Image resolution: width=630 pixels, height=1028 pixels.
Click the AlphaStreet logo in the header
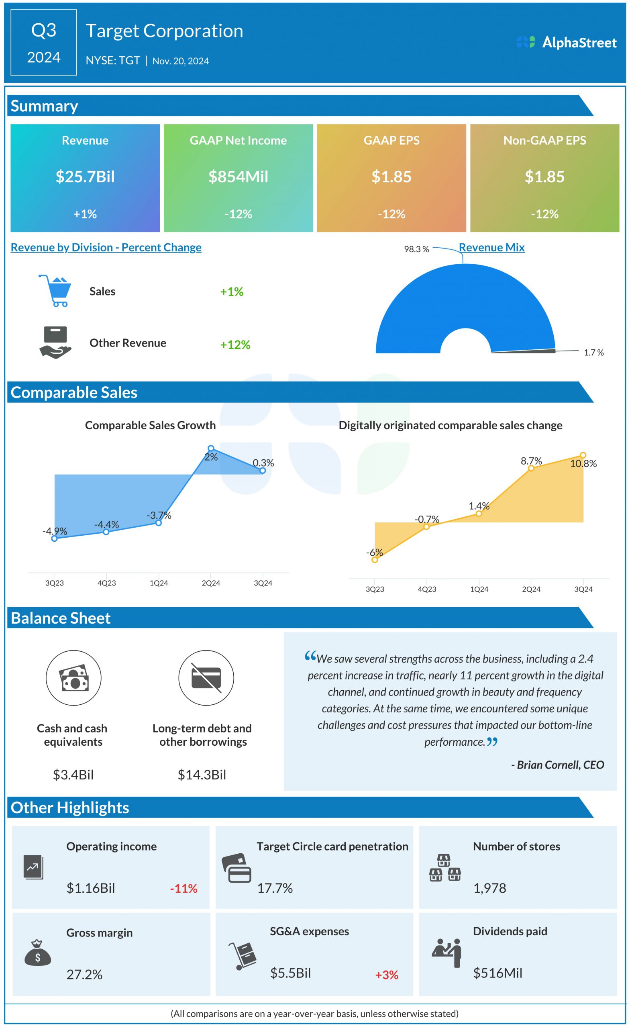pyautogui.click(x=566, y=42)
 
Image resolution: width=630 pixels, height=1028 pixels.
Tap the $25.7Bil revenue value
pyautogui.click(x=85, y=176)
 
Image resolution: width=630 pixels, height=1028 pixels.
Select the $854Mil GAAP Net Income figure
pyautogui.click(x=238, y=176)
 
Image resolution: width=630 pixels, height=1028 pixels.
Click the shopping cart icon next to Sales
pyautogui.click(x=55, y=290)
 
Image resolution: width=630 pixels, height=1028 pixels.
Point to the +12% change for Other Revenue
pyautogui.click(x=235, y=345)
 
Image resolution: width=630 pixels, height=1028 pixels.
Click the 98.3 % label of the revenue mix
pyautogui.click(x=416, y=249)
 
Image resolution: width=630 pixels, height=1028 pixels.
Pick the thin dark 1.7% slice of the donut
pyautogui.click(x=524, y=351)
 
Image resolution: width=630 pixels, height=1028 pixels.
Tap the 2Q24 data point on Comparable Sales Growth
pyautogui.click(x=211, y=448)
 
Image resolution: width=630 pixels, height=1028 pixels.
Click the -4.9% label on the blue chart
pyautogui.click(x=55, y=531)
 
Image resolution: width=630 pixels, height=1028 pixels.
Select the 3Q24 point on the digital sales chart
pyautogui.click(x=583, y=455)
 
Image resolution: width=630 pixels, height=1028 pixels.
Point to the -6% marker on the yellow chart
pyautogui.click(x=375, y=559)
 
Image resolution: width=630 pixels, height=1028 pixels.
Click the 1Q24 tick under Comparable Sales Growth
pyautogui.click(x=159, y=583)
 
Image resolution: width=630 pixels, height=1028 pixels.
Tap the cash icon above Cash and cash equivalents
pyautogui.click(x=73, y=677)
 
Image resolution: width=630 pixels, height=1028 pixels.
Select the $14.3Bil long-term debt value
pyautogui.click(x=202, y=775)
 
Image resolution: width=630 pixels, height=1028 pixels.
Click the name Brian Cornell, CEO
pyautogui.click(x=557, y=765)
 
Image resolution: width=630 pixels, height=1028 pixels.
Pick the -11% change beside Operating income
pyautogui.click(x=183, y=889)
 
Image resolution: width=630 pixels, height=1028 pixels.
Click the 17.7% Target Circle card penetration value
pyautogui.click(x=275, y=888)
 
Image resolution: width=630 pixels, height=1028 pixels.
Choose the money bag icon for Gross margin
pyautogui.click(x=38, y=954)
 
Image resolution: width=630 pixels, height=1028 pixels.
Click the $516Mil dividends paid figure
pyautogui.click(x=497, y=973)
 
